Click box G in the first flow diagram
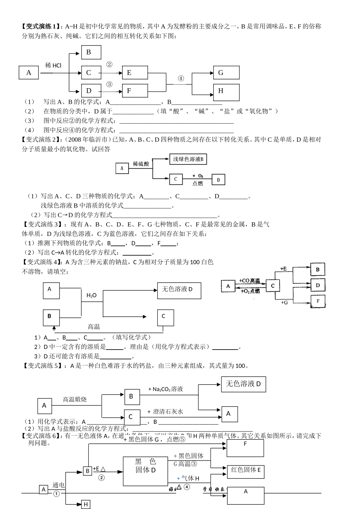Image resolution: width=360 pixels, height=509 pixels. pos(226,73)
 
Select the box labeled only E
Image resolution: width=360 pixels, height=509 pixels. pos(135,73)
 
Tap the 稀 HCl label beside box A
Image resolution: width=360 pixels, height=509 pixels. pos(53,65)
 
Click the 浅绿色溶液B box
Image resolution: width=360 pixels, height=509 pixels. pos(188,159)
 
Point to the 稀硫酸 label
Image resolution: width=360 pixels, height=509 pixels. pos(141,164)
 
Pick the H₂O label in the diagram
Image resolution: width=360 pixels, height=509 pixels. pos(92,295)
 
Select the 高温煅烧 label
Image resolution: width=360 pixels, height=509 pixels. pos(75,399)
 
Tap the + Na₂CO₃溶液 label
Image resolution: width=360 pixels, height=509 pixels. pos(166,389)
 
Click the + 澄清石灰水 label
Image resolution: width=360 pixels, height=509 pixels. pos(166,411)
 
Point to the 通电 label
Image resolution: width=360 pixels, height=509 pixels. pos(59,485)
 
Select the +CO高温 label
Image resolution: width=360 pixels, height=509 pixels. pos(249,281)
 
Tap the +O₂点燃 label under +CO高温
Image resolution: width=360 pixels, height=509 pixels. pos(249,291)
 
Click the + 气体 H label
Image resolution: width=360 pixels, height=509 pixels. pos(188,479)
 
